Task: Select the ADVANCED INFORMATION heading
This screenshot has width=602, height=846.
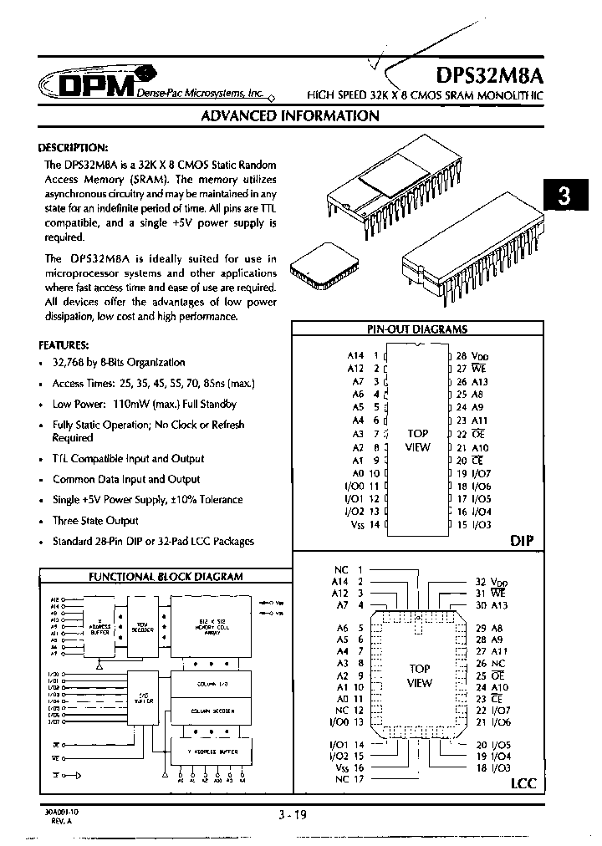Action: click(290, 116)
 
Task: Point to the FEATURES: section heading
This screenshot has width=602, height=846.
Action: click(64, 344)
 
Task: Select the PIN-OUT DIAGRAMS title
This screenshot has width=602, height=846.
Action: click(417, 329)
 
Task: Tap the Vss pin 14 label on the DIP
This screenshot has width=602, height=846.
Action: click(363, 524)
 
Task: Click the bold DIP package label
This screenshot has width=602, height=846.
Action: click(521, 541)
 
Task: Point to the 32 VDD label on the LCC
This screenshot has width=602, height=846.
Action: click(492, 581)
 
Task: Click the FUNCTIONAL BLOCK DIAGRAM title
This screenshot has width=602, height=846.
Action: click(166, 577)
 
